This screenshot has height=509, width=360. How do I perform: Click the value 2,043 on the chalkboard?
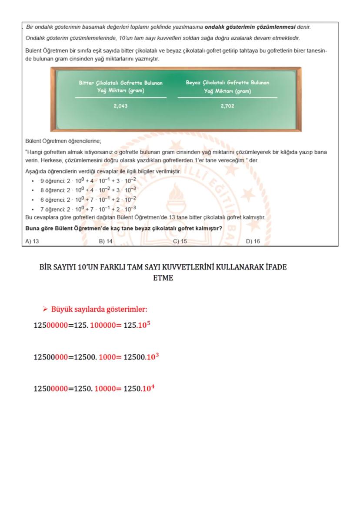pos(120,106)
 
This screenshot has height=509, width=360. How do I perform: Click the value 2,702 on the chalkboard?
pos(227,106)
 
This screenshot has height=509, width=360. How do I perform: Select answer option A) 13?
pos(32,241)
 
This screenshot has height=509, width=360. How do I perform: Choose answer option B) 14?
pos(106,241)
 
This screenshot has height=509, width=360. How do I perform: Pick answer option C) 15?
pos(180,241)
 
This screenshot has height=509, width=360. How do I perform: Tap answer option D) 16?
pos(253,241)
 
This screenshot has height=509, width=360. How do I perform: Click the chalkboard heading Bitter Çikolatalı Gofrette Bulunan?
pos(120,83)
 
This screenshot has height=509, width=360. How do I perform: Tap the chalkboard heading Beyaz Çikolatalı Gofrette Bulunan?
pos(227,83)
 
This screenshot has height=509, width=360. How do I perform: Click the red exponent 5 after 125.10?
pos(148,323)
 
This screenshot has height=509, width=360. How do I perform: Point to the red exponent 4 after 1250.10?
pos(153,386)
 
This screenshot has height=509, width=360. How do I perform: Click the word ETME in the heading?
pos(163,278)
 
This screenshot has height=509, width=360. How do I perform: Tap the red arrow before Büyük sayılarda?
pos(45,309)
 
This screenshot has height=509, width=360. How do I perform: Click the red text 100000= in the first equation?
pos(106,325)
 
